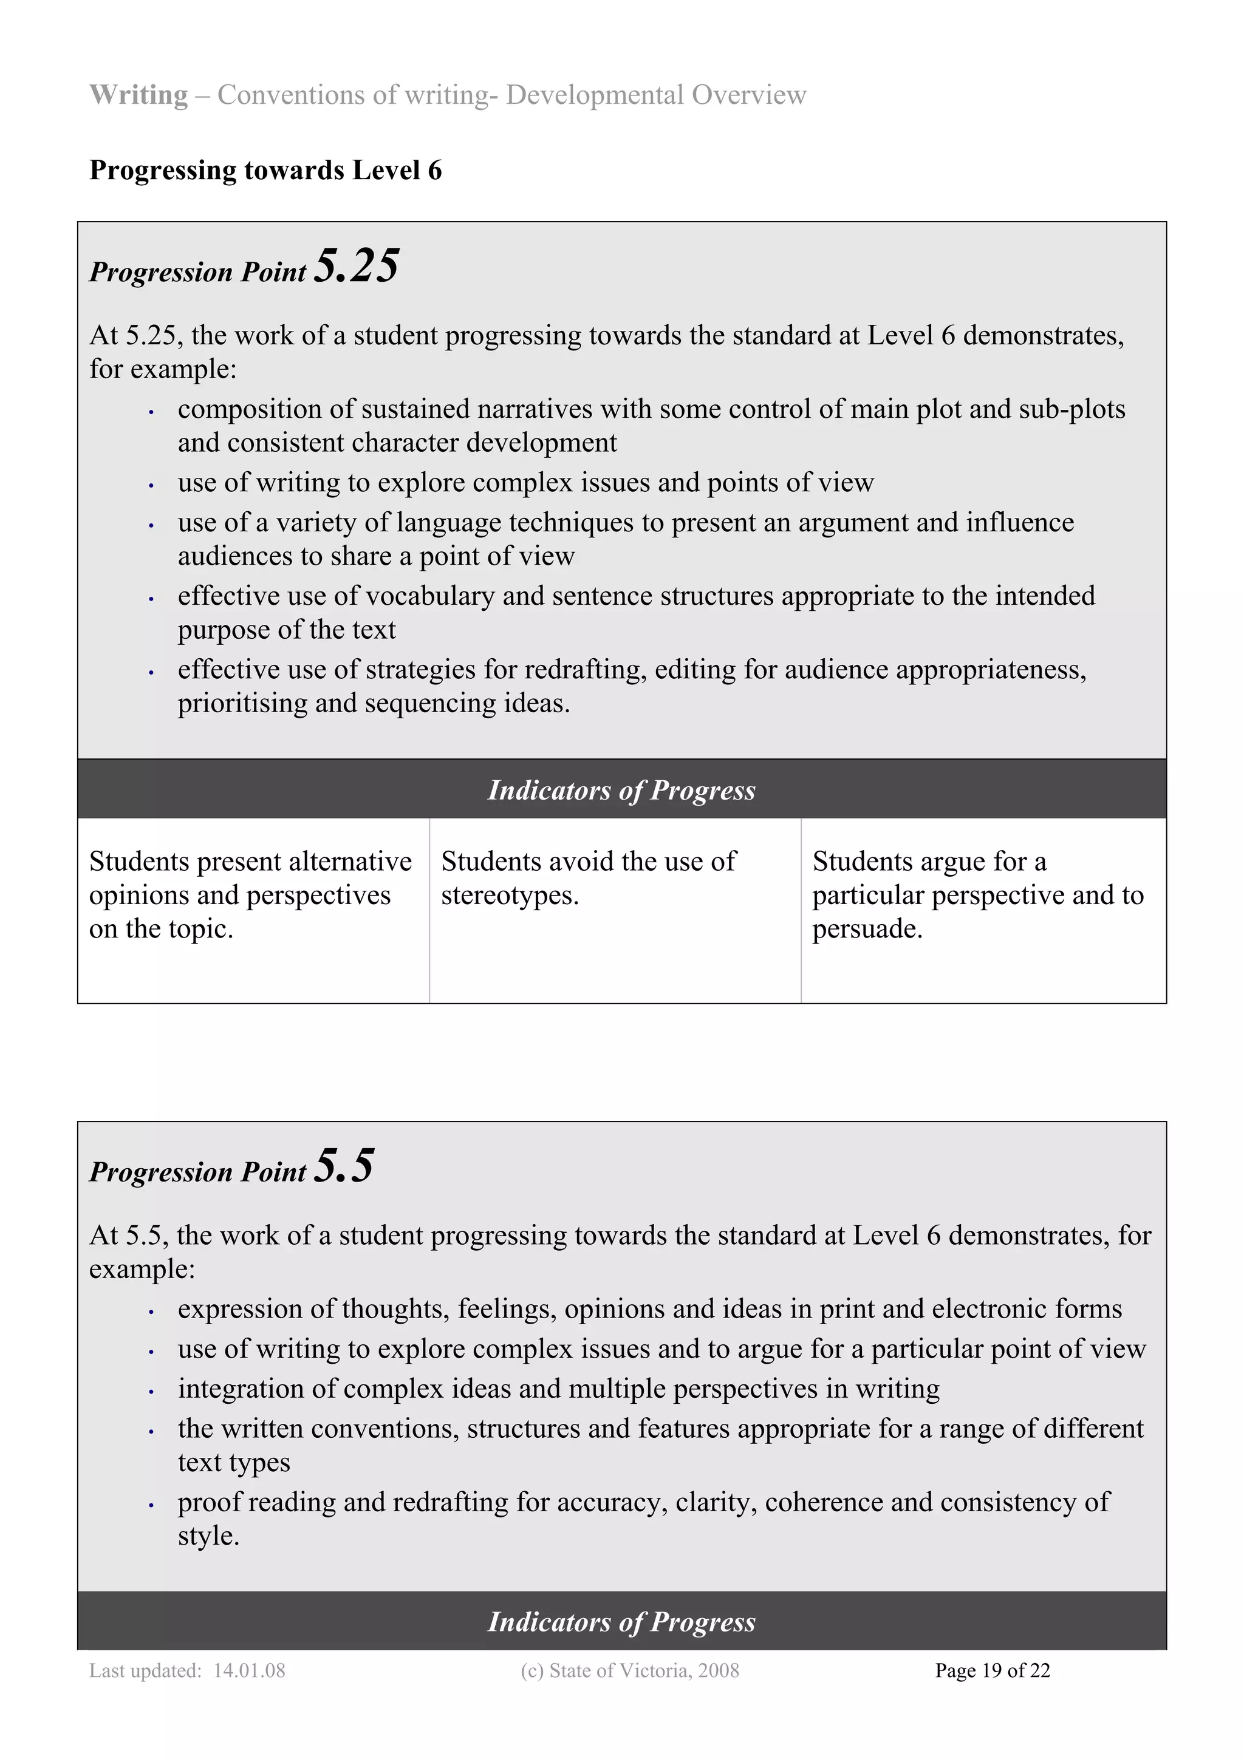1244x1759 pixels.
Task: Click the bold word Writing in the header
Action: coord(138,95)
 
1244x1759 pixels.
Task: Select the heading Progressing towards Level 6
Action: coord(265,170)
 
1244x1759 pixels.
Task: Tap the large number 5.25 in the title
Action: coord(357,266)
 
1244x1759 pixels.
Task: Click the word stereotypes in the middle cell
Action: coord(509,896)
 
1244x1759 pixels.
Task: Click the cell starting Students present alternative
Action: coord(252,895)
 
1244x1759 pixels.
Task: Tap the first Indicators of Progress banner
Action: coord(621,790)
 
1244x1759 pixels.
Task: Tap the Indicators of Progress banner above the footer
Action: coord(621,1621)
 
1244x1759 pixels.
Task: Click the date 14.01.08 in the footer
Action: coord(249,1670)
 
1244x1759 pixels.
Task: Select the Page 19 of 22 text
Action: coord(992,1670)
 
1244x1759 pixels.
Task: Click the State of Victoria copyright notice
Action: coord(629,1670)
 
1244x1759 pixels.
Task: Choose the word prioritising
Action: coord(242,703)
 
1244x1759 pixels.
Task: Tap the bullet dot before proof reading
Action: coord(152,1505)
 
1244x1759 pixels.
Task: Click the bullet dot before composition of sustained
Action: coord(152,412)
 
